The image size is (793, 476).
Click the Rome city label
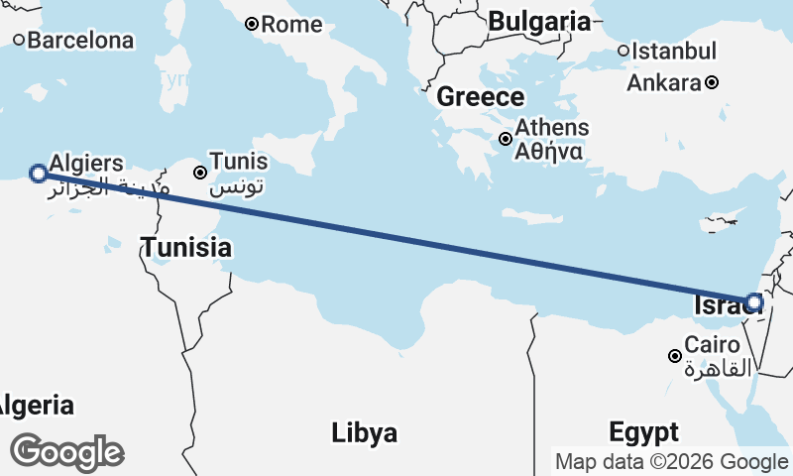[292, 24]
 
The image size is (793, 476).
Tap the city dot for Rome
[252, 24]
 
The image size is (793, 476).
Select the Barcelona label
[80, 41]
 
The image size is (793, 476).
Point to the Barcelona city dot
[19, 41]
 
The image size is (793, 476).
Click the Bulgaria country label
[539, 21]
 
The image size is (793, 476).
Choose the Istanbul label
[674, 51]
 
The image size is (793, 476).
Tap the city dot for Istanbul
[623, 51]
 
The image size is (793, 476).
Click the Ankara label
[663, 82]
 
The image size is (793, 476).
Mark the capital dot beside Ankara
[712, 82]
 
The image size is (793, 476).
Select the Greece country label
[480, 97]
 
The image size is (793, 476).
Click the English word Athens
[551, 128]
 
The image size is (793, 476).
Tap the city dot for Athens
[506, 139]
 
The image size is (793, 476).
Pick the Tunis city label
[239, 162]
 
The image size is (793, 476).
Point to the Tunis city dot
[200, 173]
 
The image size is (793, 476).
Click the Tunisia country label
[185, 248]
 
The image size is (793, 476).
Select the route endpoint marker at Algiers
[38, 174]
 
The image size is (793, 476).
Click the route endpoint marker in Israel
[754, 301]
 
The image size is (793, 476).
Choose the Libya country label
[364, 432]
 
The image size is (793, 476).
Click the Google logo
[66, 452]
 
